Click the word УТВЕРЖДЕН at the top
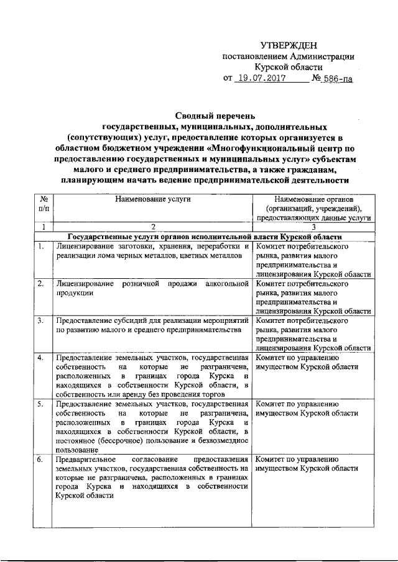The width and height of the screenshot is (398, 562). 288,45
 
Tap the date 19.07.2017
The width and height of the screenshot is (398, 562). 262,79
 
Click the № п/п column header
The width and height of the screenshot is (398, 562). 44,204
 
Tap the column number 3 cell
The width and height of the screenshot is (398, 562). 313,227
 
